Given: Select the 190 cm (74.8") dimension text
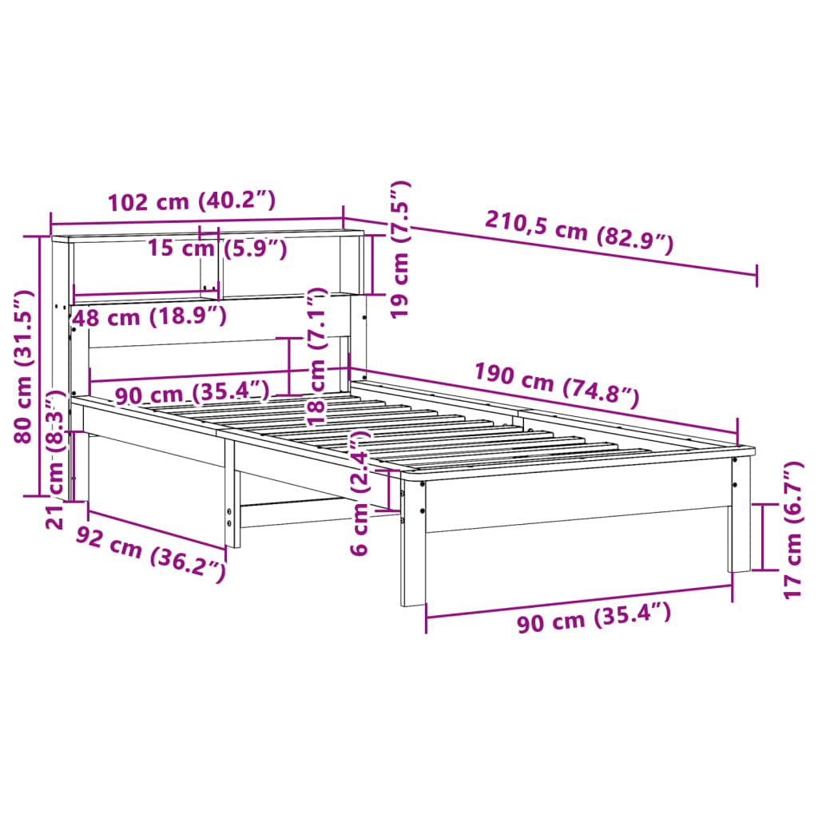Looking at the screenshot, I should point(557,384).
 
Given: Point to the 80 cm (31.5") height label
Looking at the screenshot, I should point(26,367).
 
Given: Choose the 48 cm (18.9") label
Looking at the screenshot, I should point(149,317).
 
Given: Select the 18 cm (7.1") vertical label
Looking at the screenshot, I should point(317,355).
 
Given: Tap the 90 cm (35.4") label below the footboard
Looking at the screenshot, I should point(593,619).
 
